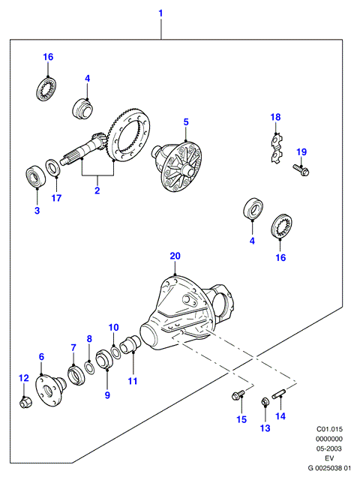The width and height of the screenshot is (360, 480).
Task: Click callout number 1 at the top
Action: (x=160, y=13)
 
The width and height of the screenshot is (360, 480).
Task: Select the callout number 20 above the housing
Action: (x=175, y=256)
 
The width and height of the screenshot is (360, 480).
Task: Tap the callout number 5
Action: (x=186, y=122)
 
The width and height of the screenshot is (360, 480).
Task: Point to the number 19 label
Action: (x=301, y=151)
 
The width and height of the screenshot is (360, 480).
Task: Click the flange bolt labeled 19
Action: (x=301, y=170)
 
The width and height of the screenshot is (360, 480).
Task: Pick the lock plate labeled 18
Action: (x=277, y=148)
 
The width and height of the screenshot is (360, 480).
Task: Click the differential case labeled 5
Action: (x=177, y=166)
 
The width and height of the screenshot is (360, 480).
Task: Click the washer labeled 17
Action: (x=53, y=167)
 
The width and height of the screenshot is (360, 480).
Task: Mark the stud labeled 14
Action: (x=278, y=393)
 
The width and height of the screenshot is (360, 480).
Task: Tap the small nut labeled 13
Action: (x=265, y=402)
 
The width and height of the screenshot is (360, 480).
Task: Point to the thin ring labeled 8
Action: (x=90, y=367)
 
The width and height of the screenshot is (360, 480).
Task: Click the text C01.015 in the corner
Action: (x=329, y=429)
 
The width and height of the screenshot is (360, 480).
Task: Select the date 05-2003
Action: (x=329, y=448)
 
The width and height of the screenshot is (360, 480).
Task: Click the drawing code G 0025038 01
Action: (x=329, y=468)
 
